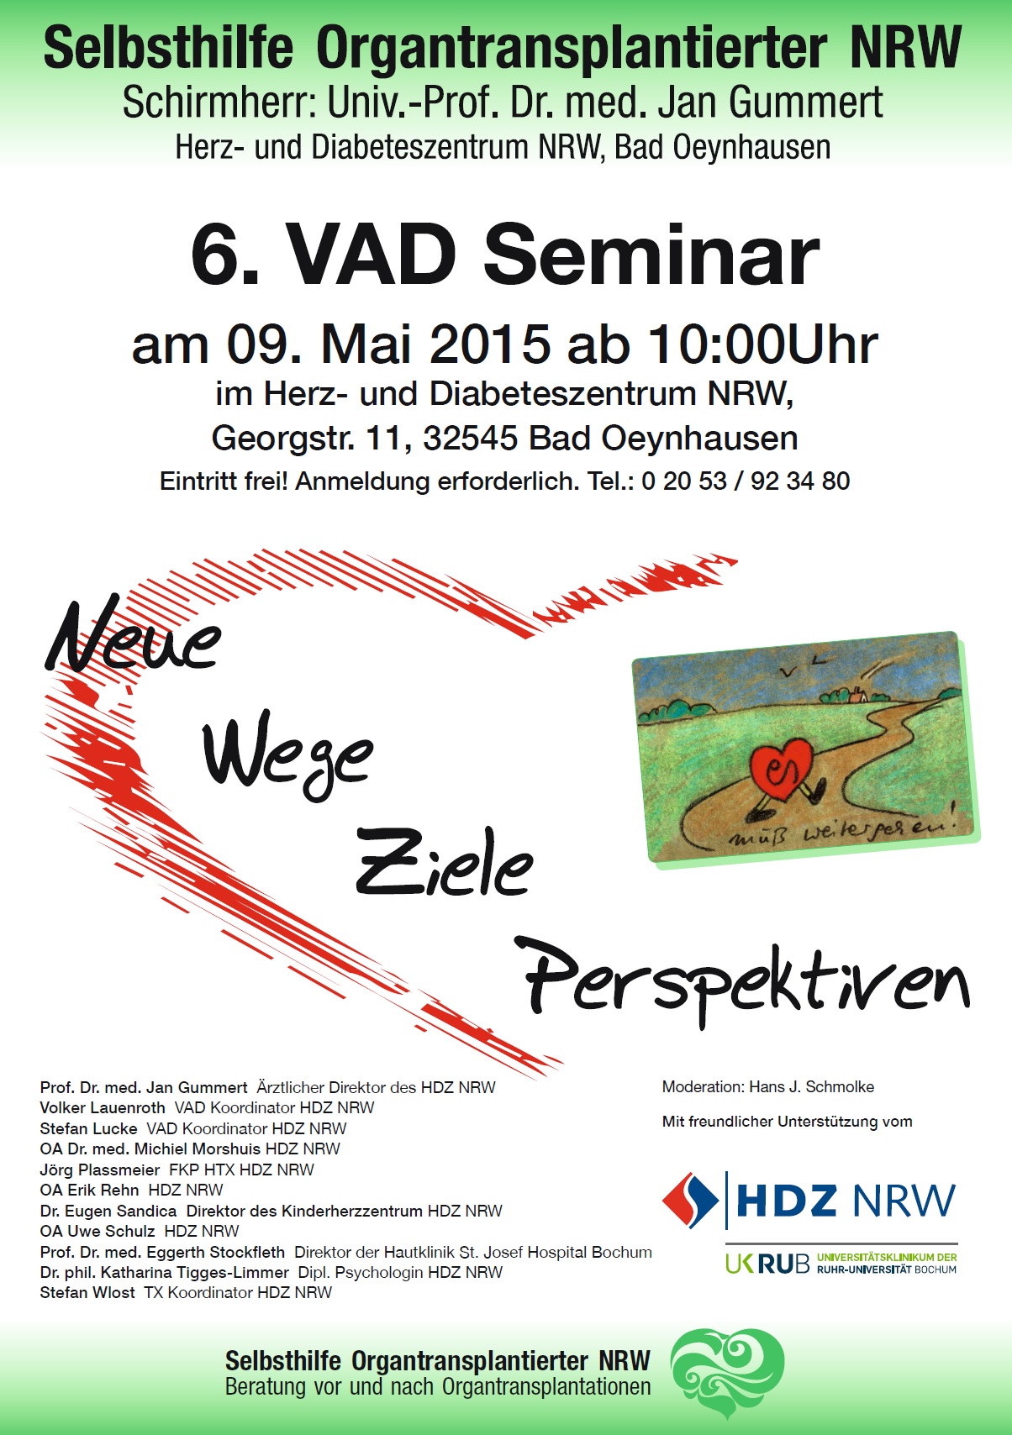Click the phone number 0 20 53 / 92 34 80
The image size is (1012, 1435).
[x=746, y=481]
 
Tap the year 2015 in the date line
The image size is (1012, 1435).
[x=490, y=344]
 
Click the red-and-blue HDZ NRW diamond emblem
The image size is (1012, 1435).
[x=690, y=1200]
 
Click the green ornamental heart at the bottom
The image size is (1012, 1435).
[x=727, y=1377]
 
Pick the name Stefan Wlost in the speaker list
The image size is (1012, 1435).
[x=87, y=1292]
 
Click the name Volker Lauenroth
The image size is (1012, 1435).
[x=103, y=1107]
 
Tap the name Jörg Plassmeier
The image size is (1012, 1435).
[x=99, y=1170]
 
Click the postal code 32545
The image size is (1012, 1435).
[x=471, y=439]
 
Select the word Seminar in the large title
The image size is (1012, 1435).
[x=651, y=255]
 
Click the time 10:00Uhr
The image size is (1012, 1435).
[x=762, y=344]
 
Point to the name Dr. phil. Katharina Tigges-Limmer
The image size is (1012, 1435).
[x=164, y=1272]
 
